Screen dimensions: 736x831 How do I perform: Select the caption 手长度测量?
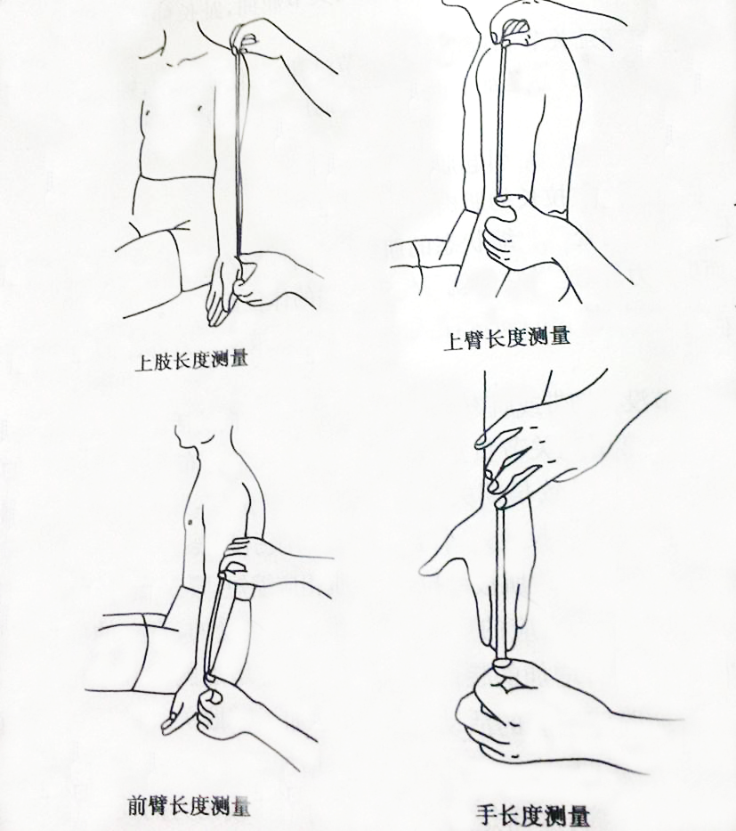(532, 815)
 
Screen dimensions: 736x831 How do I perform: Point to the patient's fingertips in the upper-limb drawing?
(216, 318)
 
